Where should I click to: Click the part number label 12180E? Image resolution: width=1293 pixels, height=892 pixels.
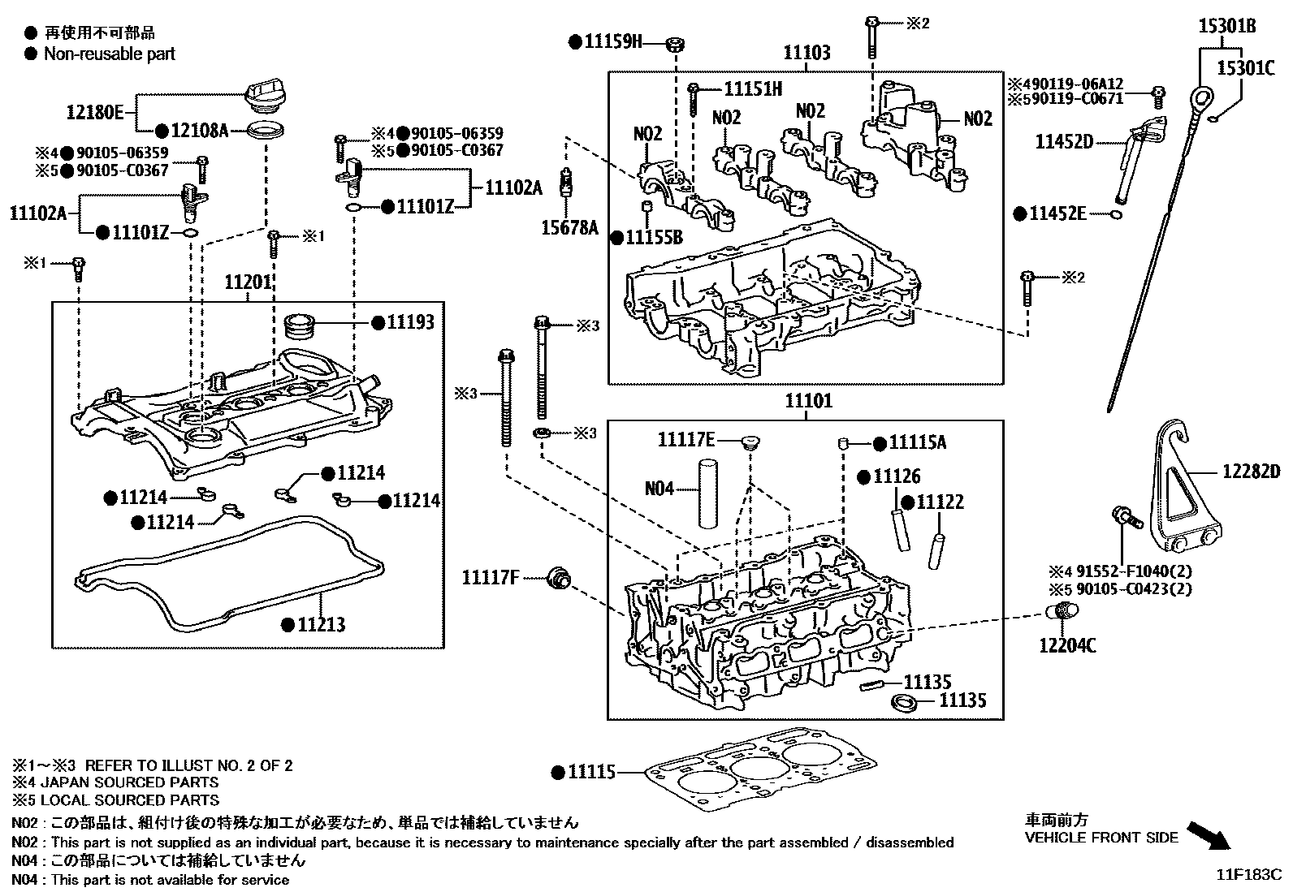coord(95,112)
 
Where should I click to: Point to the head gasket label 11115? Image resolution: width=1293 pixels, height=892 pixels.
coord(592,772)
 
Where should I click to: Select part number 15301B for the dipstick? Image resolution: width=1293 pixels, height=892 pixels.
coord(1227,27)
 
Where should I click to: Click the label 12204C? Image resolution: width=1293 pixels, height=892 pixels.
coord(1067,645)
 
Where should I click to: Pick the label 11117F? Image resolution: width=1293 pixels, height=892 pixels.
coord(491,578)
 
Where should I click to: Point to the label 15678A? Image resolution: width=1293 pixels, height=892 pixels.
coord(569,228)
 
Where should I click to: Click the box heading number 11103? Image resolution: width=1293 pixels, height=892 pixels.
coord(807,54)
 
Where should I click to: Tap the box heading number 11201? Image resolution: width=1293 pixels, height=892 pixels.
coord(248,282)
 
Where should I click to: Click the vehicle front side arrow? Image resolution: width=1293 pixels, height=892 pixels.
coord(1209,834)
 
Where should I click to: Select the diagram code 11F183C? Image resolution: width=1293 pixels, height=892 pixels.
coord(1248,875)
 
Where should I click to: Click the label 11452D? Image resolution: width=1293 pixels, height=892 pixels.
coord(1064,142)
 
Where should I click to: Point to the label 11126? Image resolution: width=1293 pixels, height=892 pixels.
coord(897,476)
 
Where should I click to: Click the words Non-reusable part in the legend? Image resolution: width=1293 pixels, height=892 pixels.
coord(109,54)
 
